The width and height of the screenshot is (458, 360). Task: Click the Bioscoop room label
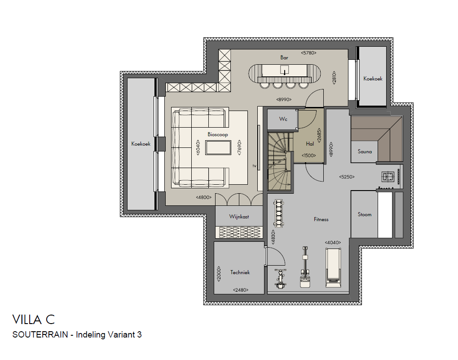point(218,134)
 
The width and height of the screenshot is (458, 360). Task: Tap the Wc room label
point(283,119)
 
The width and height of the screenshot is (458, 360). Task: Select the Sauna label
point(365,151)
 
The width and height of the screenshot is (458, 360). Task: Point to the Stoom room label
point(365,214)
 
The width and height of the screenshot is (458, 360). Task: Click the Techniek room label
point(240,272)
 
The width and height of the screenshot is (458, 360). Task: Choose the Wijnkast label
point(239,217)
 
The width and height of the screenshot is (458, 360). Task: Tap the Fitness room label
point(321,219)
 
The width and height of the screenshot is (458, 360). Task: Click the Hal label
point(310,143)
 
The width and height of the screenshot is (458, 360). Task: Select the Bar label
point(284,58)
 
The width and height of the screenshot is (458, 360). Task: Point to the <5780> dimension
point(308,53)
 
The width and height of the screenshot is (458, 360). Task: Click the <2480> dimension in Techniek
point(241,290)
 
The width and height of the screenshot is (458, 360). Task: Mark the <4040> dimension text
point(333,242)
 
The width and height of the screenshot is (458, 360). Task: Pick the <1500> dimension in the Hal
point(309,156)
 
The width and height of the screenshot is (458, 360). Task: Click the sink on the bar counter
point(284,70)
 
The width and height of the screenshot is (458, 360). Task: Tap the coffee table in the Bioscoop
point(218,148)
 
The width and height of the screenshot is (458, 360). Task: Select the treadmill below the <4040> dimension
point(333,267)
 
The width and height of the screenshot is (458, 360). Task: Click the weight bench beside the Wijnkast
point(278,213)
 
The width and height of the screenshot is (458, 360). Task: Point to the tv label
point(255,166)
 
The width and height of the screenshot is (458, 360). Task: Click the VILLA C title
point(34,320)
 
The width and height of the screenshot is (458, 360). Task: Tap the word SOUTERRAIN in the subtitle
point(40,334)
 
